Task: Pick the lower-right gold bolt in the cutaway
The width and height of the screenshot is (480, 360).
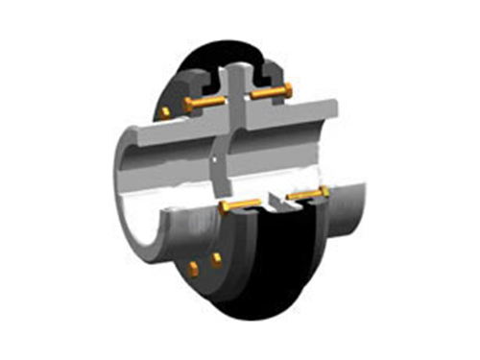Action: [307, 196]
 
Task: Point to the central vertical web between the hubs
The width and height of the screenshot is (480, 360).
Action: [223, 154]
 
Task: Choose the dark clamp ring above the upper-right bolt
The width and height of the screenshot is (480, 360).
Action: [270, 72]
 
